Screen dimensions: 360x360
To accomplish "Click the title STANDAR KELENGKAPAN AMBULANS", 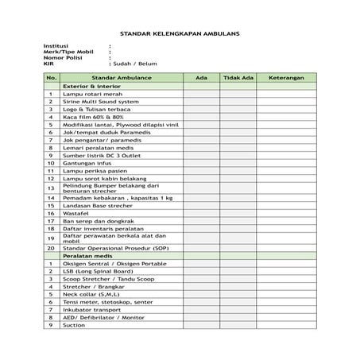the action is (x=179, y=34).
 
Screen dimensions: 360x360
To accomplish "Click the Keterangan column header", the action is (x=286, y=78).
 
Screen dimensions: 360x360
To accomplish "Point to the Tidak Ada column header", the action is (x=238, y=78).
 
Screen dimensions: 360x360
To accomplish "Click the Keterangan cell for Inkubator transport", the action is (x=286, y=310).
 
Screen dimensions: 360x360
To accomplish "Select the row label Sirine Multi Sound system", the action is (x=100, y=102).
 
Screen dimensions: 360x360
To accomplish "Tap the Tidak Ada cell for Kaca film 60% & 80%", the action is (x=238, y=117).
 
